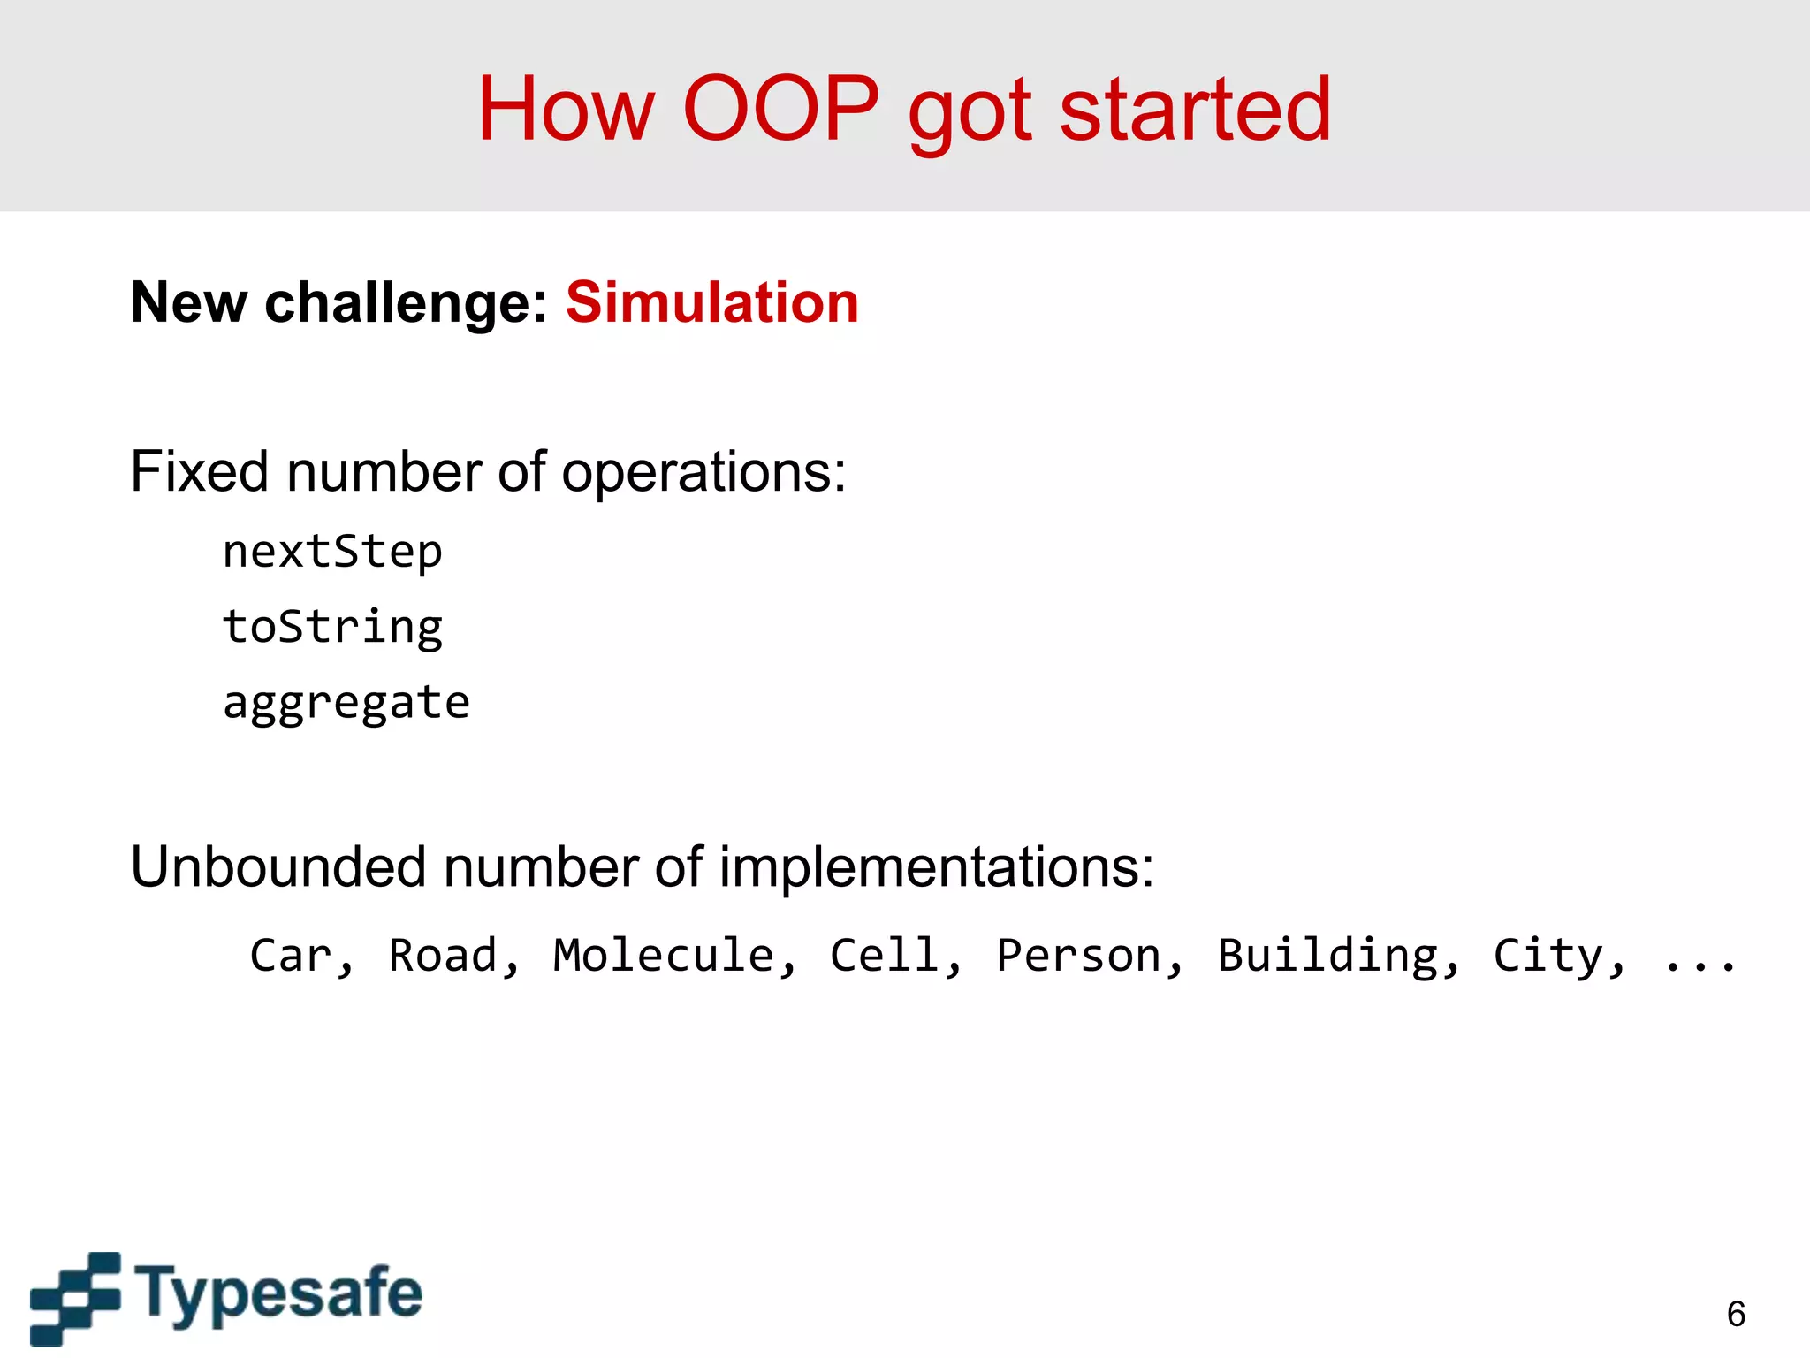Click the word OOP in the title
pyautogui.click(x=781, y=109)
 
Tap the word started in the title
pyautogui.click(x=1195, y=109)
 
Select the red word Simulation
pyautogui.click(x=711, y=302)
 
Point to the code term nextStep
pyautogui.click(x=332, y=553)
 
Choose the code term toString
pyautogui.click(x=332, y=628)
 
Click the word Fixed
pyautogui.click(x=199, y=471)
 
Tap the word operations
pyautogui.click(x=703, y=473)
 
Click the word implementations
pyautogui.click(x=934, y=868)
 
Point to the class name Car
pyautogui.click(x=292, y=956)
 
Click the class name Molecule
pyautogui.click(x=664, y=956)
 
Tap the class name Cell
pyautogui.click(x=885, y=956)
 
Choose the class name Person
pyautogui.click(x=1078, y=956)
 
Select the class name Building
pyautogui.click(x=1327, y=956)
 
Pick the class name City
pyautogui.click(x=1548, y=956)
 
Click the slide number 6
pyautogui.click(x=1736, y=1315)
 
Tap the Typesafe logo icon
pyautogui.click(x=74, y=1297)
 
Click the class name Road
pyautogui.click(x=444, y=956)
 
